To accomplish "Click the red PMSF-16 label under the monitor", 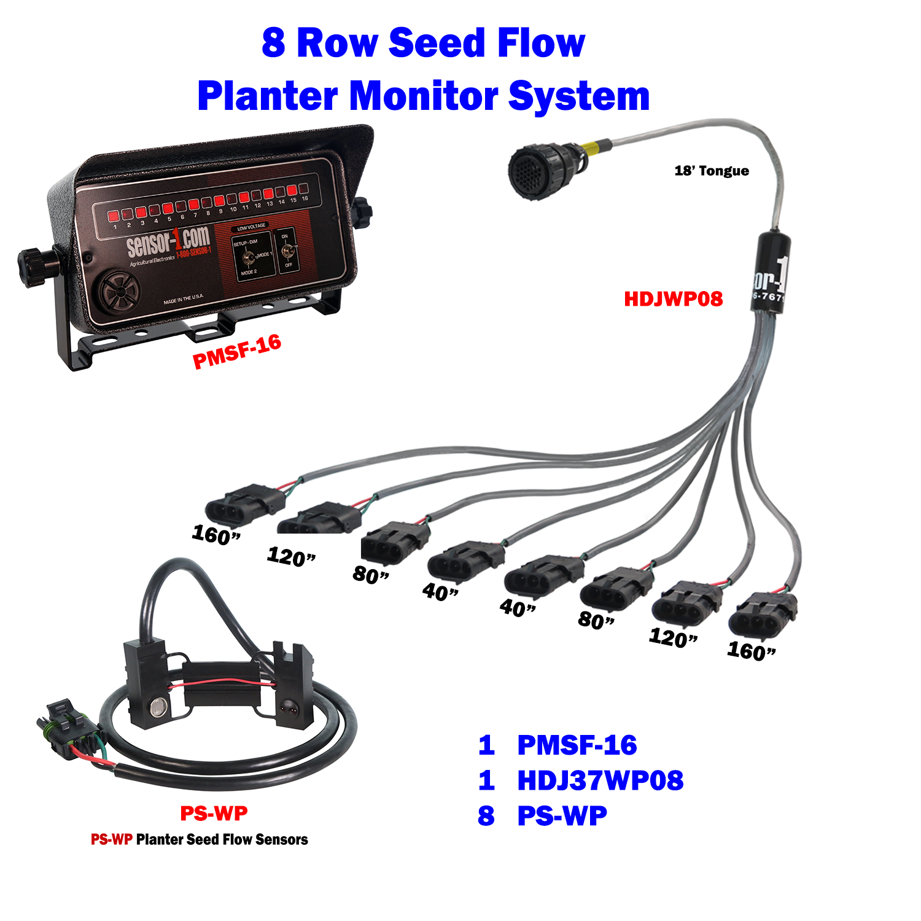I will tap(237, 352).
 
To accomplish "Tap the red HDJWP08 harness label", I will tap(673, 299).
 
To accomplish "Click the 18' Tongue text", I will tap(712, 171).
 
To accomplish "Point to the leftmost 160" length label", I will tap(216, 535).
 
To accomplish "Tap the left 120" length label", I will tap(291, 557).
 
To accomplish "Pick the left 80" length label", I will tap(371, 575).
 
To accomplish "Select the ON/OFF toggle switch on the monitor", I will tap(286, 251).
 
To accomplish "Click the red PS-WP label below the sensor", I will tap(214, 814).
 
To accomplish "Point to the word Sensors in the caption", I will tap(282, 839).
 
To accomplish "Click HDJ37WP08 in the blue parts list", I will tap(600, 780).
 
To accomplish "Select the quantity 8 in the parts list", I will tap(486, 816).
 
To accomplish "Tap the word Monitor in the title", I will tap(424, 96).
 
